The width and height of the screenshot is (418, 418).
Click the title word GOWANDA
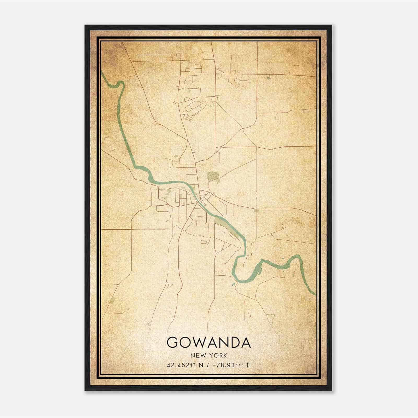click(x=209, y=342)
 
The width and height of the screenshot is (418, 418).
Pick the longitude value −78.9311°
click(x=228, y=365)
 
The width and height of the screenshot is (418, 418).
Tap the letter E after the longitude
click(x=249, y=365)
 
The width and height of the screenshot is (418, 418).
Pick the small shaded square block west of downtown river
click(x=181, y=196)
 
